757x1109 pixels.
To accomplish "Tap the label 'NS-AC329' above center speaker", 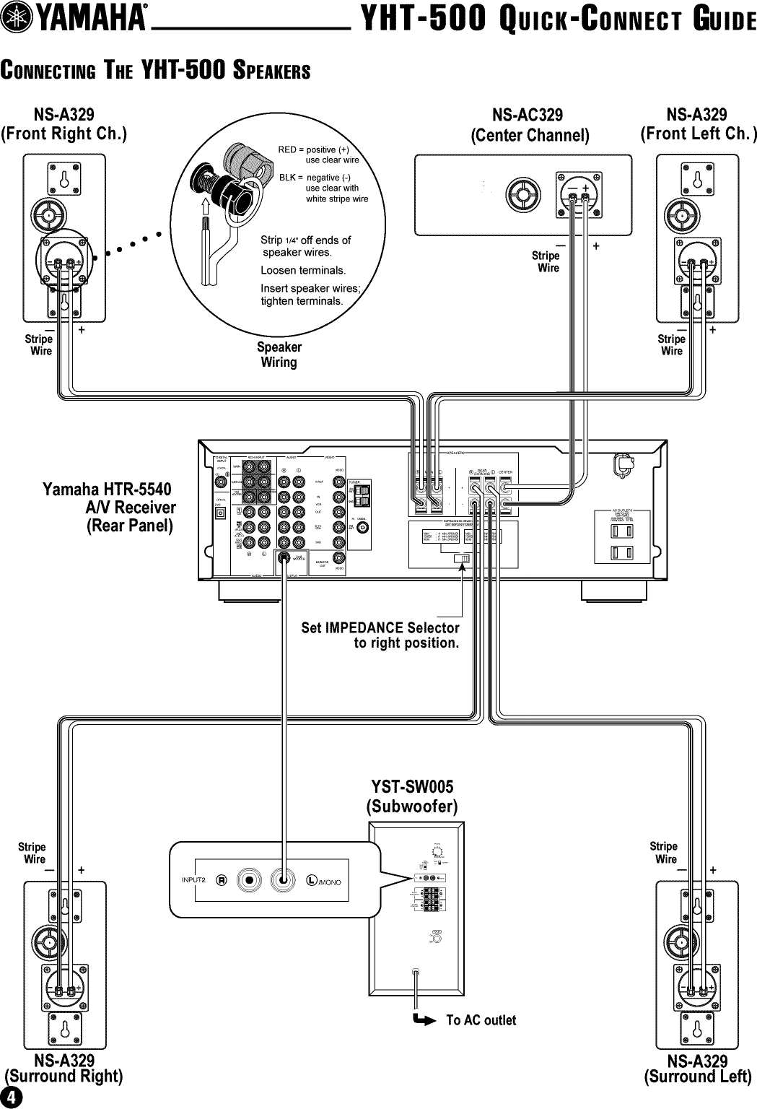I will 528,116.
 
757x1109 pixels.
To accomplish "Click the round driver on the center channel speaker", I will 522,194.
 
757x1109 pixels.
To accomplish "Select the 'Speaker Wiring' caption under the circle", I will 279,355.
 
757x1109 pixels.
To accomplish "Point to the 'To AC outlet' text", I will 481,1020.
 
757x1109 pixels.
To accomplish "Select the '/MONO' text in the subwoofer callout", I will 328,882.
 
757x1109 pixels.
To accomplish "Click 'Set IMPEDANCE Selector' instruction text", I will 380,627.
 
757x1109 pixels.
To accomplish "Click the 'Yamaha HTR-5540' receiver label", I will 107,490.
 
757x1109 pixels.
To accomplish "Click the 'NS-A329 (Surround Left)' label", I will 697,1069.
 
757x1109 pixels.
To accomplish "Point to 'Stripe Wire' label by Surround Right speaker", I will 32,853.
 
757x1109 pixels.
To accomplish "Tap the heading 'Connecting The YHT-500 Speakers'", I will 155,71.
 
